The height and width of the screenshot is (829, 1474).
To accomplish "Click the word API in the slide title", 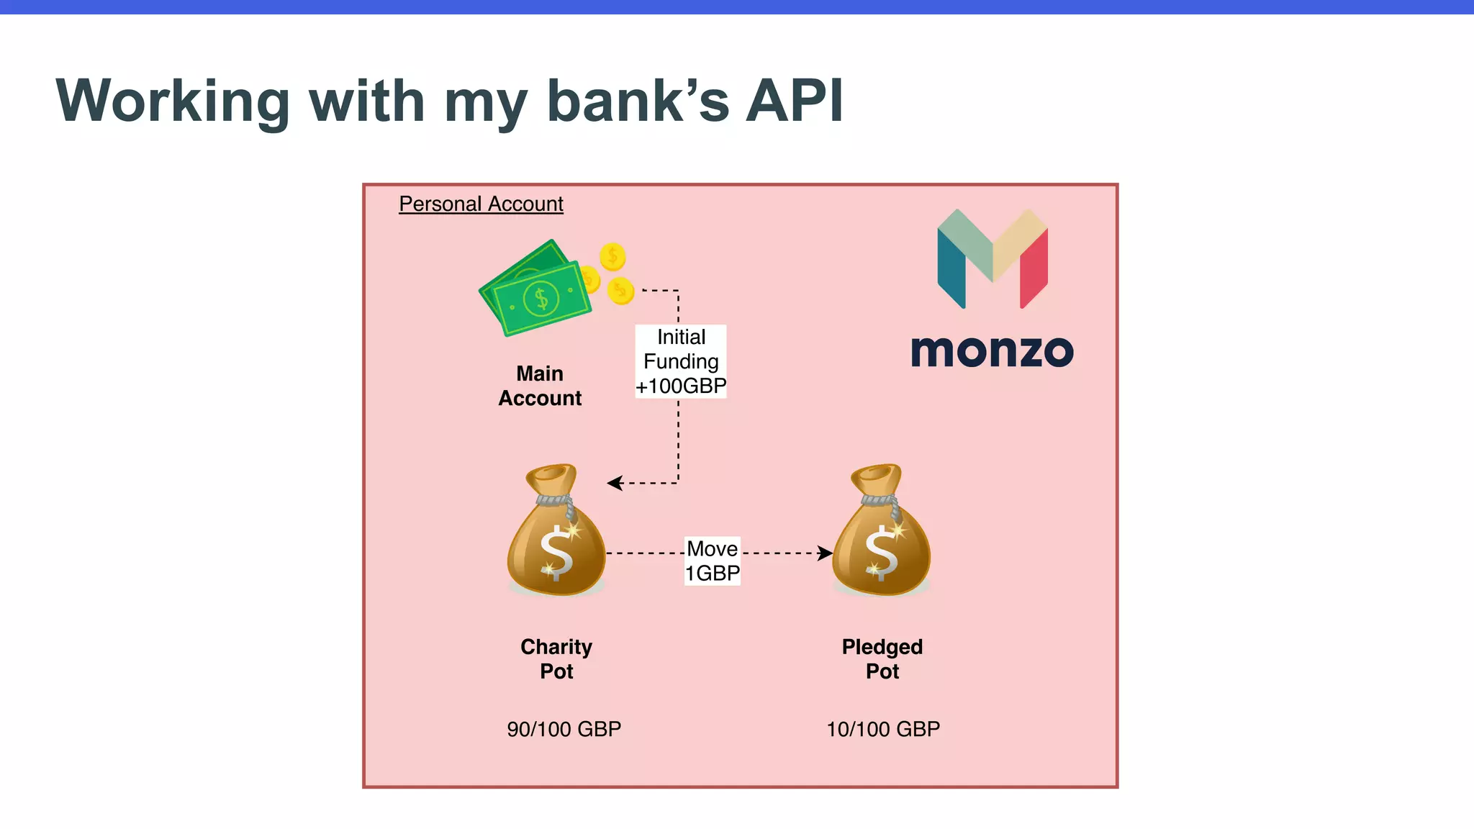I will pos(794,101).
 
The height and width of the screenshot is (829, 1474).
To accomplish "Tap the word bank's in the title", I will pos(638,101).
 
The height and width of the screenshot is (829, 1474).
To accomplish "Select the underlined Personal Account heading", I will pos(481,204).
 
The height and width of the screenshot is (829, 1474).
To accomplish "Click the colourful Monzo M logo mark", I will pos(993,258).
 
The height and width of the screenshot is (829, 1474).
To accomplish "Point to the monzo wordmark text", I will pos(992,352).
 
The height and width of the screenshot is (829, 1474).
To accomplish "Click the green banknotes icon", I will pos(535,289).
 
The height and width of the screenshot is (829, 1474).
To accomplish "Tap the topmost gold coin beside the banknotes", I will pos(612,256).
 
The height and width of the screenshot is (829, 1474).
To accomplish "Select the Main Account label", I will pos(540,386).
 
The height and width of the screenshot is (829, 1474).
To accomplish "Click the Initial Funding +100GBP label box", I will pos(681,361).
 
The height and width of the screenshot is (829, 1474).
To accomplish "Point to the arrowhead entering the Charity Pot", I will pos(613,483).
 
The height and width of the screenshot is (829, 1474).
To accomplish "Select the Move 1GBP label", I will pos(713,561).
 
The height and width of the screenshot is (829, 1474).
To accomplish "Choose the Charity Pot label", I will pos(556,658).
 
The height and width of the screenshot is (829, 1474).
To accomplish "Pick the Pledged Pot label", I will pos(882,658).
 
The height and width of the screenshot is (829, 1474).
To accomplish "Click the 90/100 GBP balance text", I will pos(564,729).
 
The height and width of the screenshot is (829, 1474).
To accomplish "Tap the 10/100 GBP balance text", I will pos(883,729).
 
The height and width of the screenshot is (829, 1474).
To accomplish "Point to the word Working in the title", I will pos(173,101).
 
